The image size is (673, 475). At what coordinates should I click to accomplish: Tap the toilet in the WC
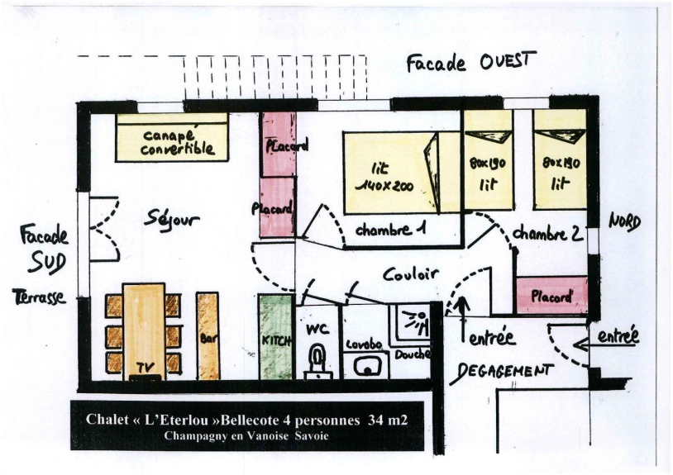click(x=318, y=360)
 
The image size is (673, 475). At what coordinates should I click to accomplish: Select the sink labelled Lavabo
click(x=367, y=366)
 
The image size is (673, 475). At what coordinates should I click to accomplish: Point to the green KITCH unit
click(x=276, y=336)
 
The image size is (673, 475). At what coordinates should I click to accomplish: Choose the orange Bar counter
click(x=208, y=335)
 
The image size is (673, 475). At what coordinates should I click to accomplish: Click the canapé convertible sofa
click(x=172, y=137)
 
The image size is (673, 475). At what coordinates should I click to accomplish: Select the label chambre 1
click(x=390, y=230)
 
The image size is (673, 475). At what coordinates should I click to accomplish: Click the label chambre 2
click(x=548, y=234)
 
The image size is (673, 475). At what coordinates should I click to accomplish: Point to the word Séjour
click(x=171, y=219)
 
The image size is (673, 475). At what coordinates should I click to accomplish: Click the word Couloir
click(x=411, y=274)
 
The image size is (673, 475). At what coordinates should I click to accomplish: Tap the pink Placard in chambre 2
click(x=551, y=296)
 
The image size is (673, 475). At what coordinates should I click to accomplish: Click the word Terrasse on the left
click(x=39, y=297)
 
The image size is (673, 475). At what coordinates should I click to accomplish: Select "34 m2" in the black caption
click(x=388, y=420)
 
